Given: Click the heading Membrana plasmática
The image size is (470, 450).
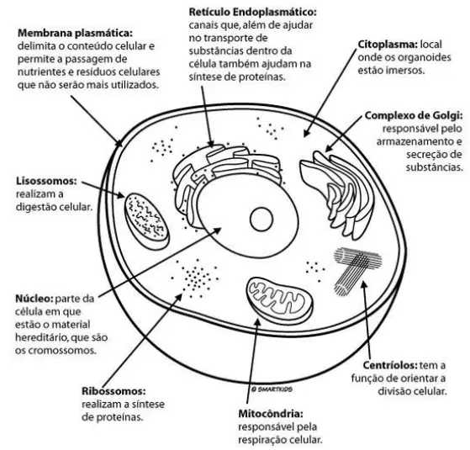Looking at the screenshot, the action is (x=75, y=33).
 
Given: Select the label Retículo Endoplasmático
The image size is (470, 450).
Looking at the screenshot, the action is (x=252, y=13).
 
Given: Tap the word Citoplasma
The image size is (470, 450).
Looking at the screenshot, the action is (x=388, y=45).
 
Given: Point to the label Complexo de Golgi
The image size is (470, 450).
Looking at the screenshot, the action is (x=414, y=115).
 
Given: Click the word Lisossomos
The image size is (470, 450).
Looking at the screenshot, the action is (x=46, y=181).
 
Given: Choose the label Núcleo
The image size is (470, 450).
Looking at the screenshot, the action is (x=34, y=299).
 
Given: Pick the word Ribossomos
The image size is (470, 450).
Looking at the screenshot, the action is (x=114, y=391).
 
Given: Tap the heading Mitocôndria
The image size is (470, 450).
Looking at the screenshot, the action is (x=271, y=414).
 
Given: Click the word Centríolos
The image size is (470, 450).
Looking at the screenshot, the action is (x=390, y=365).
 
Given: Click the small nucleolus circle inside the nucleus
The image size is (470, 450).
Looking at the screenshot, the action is (x=261, y=220).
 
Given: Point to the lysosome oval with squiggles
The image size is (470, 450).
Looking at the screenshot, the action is (x=146, y=221).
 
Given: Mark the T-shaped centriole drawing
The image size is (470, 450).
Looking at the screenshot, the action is (x=357, y=271).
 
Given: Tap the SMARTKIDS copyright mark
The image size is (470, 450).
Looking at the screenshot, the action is (x=272, y=389).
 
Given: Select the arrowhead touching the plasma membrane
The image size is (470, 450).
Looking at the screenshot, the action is (x=119, y=143).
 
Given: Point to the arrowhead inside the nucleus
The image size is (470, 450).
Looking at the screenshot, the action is (x=217, y=230).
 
